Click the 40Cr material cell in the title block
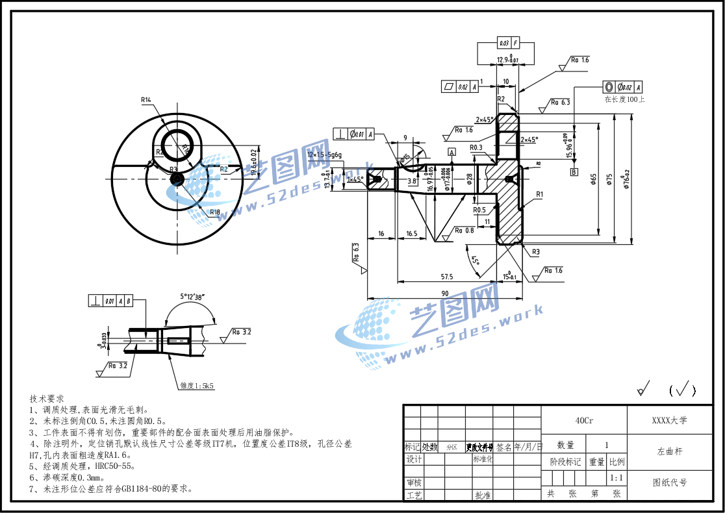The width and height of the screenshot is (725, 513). (x=584, y=421)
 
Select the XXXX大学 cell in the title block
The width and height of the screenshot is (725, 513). (x=669, y=421)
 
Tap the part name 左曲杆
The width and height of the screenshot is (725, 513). (x=669, y=451)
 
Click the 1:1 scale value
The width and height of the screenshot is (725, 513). (x=617, y=478)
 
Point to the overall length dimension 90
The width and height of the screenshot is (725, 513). (x=445, y=294)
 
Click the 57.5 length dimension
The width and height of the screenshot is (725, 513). (x=446, y=277)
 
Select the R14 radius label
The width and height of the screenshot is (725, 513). (x=146, y=100)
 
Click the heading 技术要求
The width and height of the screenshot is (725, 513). (x=47, y=398)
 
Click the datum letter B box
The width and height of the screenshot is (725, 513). (x=574, y=172)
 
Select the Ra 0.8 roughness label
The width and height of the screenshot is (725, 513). (x=464, y=231)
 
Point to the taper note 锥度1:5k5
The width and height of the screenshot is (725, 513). (x=197, y=385)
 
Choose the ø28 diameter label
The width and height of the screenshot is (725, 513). (x=470, y=179)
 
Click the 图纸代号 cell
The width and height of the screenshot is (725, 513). (x=669, y=482)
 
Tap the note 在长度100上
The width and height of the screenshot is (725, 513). (x=624, y=99)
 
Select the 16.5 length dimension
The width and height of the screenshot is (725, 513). (x=411, y=232)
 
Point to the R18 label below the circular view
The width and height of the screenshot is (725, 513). (x=215, y=212)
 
